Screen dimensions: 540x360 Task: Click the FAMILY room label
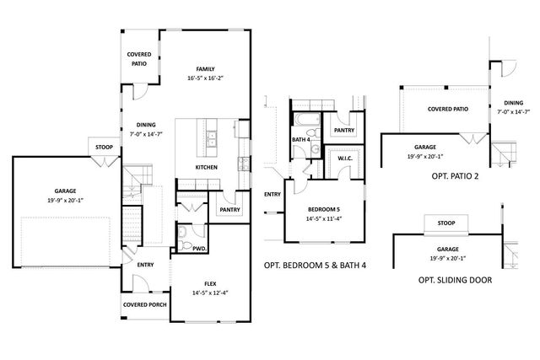(x=206, y=69)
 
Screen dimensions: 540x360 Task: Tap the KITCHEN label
(x=206, y=167)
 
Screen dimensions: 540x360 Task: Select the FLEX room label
(x=210, y=283)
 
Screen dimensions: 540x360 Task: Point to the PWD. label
(x=199, y=249)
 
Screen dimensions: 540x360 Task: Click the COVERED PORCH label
(x=144, y=304)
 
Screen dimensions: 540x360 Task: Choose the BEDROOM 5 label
(x=324, y=209)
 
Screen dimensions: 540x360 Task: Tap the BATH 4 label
(x=301, y=139)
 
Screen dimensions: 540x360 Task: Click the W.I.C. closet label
(x=345, y=159)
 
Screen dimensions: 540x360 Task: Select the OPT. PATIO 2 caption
(x=455, y=176)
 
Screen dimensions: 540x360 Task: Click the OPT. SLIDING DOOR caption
(x=455, y=280)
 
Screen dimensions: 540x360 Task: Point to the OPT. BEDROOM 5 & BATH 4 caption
(x=315, y=266)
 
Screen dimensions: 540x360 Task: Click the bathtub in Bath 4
(x=307, y=120)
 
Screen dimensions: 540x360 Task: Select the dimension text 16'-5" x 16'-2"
(x=206, y=78)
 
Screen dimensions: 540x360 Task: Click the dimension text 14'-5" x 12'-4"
(x=210, y=293)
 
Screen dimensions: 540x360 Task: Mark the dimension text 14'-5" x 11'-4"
(x=324, y=218)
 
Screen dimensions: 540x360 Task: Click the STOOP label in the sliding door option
(x=446, y=223)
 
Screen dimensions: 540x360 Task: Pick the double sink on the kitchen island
(x=212, y=138)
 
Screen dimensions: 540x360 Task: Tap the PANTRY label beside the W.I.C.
(x=344, y=130)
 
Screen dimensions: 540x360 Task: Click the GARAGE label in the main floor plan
(x=65, y=191)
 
